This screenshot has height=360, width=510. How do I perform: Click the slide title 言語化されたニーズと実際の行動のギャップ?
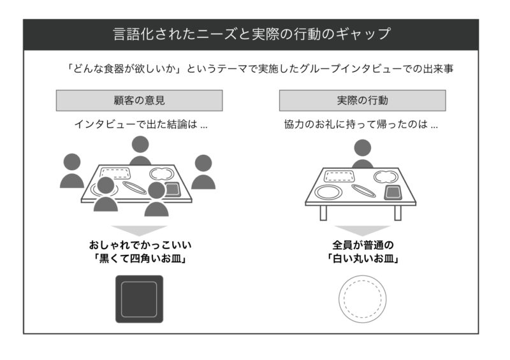[x=251, y=34]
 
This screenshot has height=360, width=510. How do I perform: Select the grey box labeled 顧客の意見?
[x=140, y=101]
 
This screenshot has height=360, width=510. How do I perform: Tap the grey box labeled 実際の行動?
[x=362, y=101]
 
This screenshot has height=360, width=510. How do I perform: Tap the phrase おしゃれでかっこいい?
[x=139, y=245]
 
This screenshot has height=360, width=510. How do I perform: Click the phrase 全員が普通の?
[x=363, y=245]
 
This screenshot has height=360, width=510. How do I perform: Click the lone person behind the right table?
[x=362, y=154]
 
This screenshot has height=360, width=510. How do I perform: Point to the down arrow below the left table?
[x=139, y=230]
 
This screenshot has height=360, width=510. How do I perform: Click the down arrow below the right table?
[x=362, y=230]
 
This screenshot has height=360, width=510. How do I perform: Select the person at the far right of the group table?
[x=203, y=173]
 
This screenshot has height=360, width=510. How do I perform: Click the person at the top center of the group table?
[x=140, y=150]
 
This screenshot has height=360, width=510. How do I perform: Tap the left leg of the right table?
[x=323, y=213]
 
